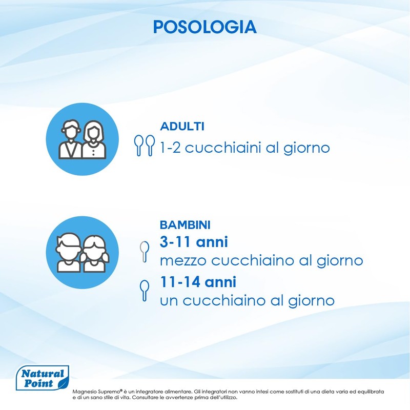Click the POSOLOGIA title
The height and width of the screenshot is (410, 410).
click(x=204, y=27)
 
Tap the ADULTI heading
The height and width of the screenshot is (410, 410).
click(x=182, y=126)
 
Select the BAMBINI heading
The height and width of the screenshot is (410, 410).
click(x=185, y=225)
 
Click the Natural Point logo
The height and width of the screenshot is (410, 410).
click(x=43, y=378)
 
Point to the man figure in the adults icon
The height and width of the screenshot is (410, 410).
click(x=70, y=139)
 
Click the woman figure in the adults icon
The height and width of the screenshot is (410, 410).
click(x=94, y=139)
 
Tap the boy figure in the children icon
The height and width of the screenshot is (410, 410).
click(x=68, y=253)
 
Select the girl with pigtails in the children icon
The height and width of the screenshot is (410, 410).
click(x=94, y=254)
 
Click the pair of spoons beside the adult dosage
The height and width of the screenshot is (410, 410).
click(x=145, y=146)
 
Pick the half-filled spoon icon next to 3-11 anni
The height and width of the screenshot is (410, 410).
click(x=145, y=251)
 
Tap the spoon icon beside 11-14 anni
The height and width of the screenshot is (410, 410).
click(x=145, y=291)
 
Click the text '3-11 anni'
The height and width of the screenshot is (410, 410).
click(x=194, y=242)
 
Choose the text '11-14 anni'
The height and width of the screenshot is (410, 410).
click(x=198, y=282)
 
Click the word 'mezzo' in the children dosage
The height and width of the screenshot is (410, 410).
click(x=183, y=261)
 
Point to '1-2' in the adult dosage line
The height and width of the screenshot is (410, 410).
click(x=170, y=148)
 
